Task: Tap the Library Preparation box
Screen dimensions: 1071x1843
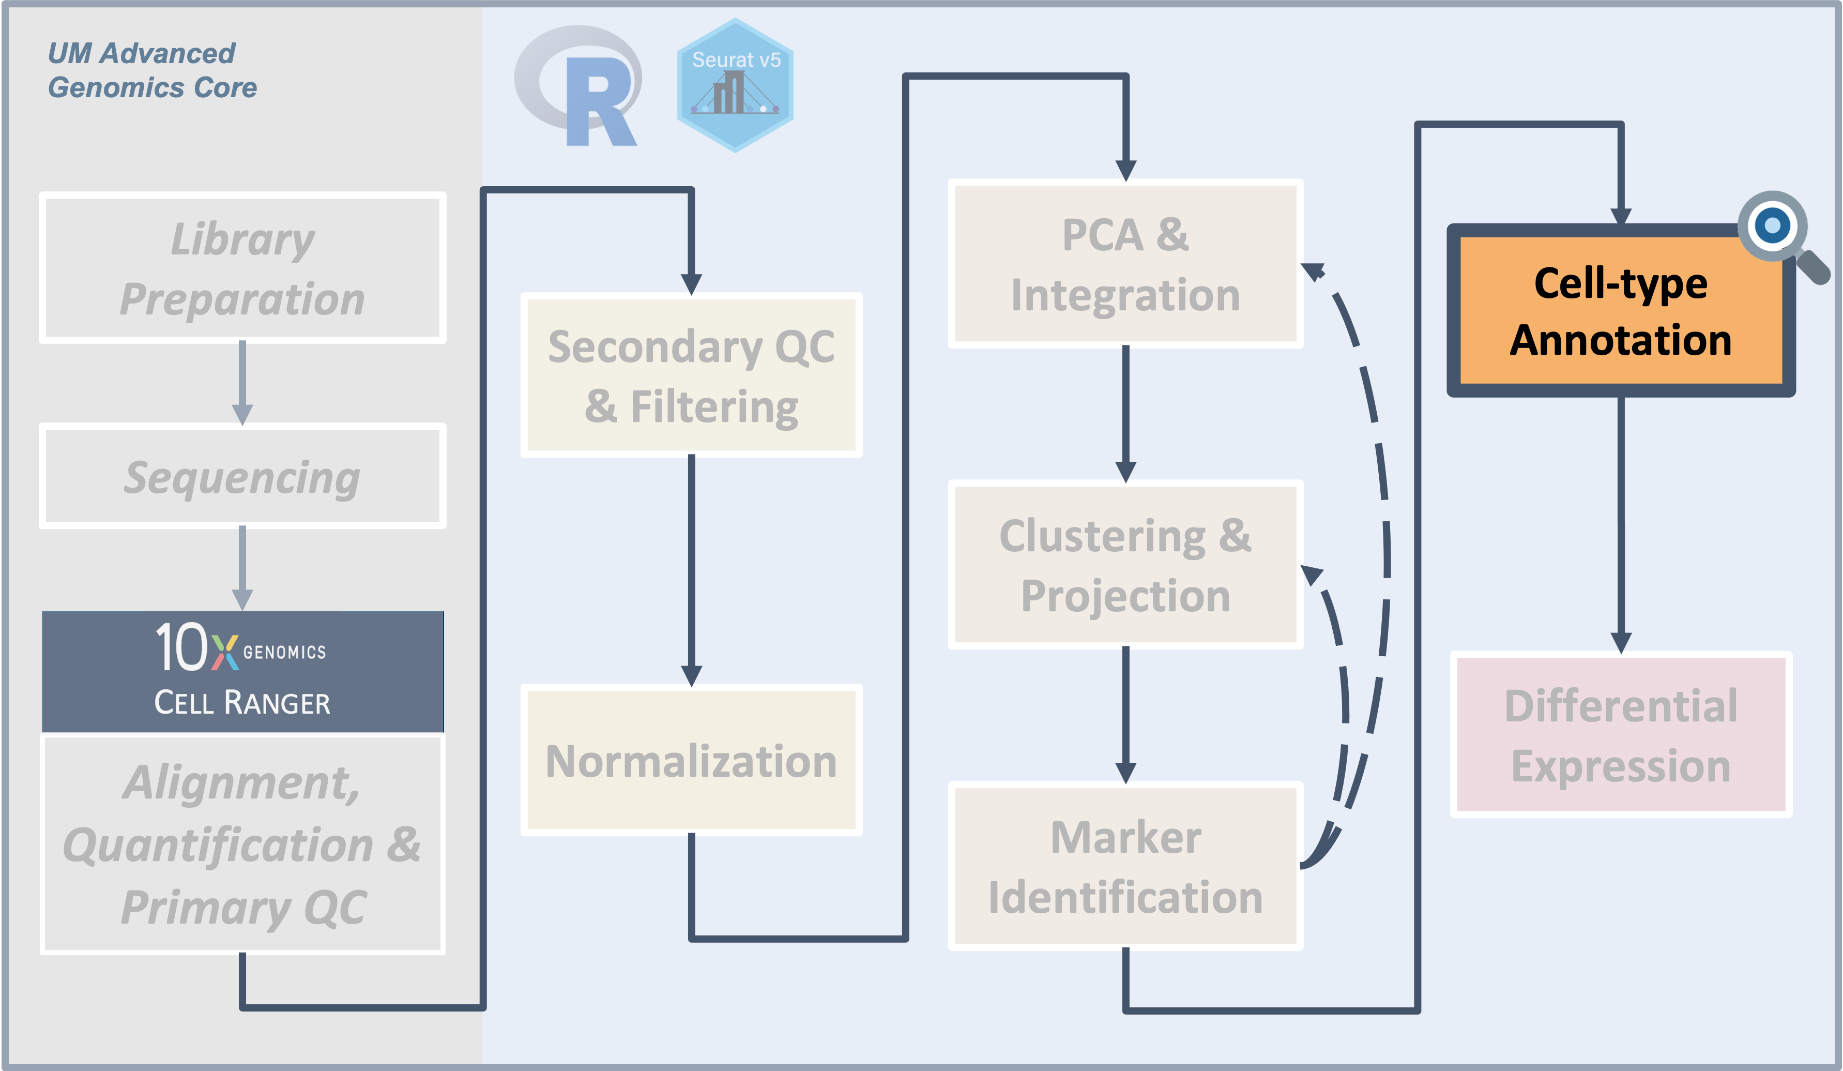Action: pyautogui.click(x=242, y=268)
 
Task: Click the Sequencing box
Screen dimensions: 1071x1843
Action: pyautogui.click(x=242, y=476)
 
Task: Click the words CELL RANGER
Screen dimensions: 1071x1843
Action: pyautogui.click(x=242, y=703)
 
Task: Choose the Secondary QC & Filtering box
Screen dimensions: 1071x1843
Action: pyautogui.click(x=691, y=376)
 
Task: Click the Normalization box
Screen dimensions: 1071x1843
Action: pyautogui.click(x=691, y=761)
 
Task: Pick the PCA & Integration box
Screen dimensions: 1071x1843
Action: pyautogui.click(x=1125, y=264)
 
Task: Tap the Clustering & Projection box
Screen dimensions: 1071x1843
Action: pyautogui.click(x=1125, y=565)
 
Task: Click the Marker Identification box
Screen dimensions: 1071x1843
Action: pyautogui.click(x=1125, y=867)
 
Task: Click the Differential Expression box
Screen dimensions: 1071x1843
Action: pyautogui.click(x=1621, y=735)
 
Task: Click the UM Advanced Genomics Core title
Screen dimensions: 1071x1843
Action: pyautogui.click(x=152, y=70)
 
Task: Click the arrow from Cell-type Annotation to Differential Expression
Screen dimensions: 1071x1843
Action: pyautogui.click(x=1621, y=523)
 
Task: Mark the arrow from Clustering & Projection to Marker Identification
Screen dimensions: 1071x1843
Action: pyautogui.click(x=1125, y=713)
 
